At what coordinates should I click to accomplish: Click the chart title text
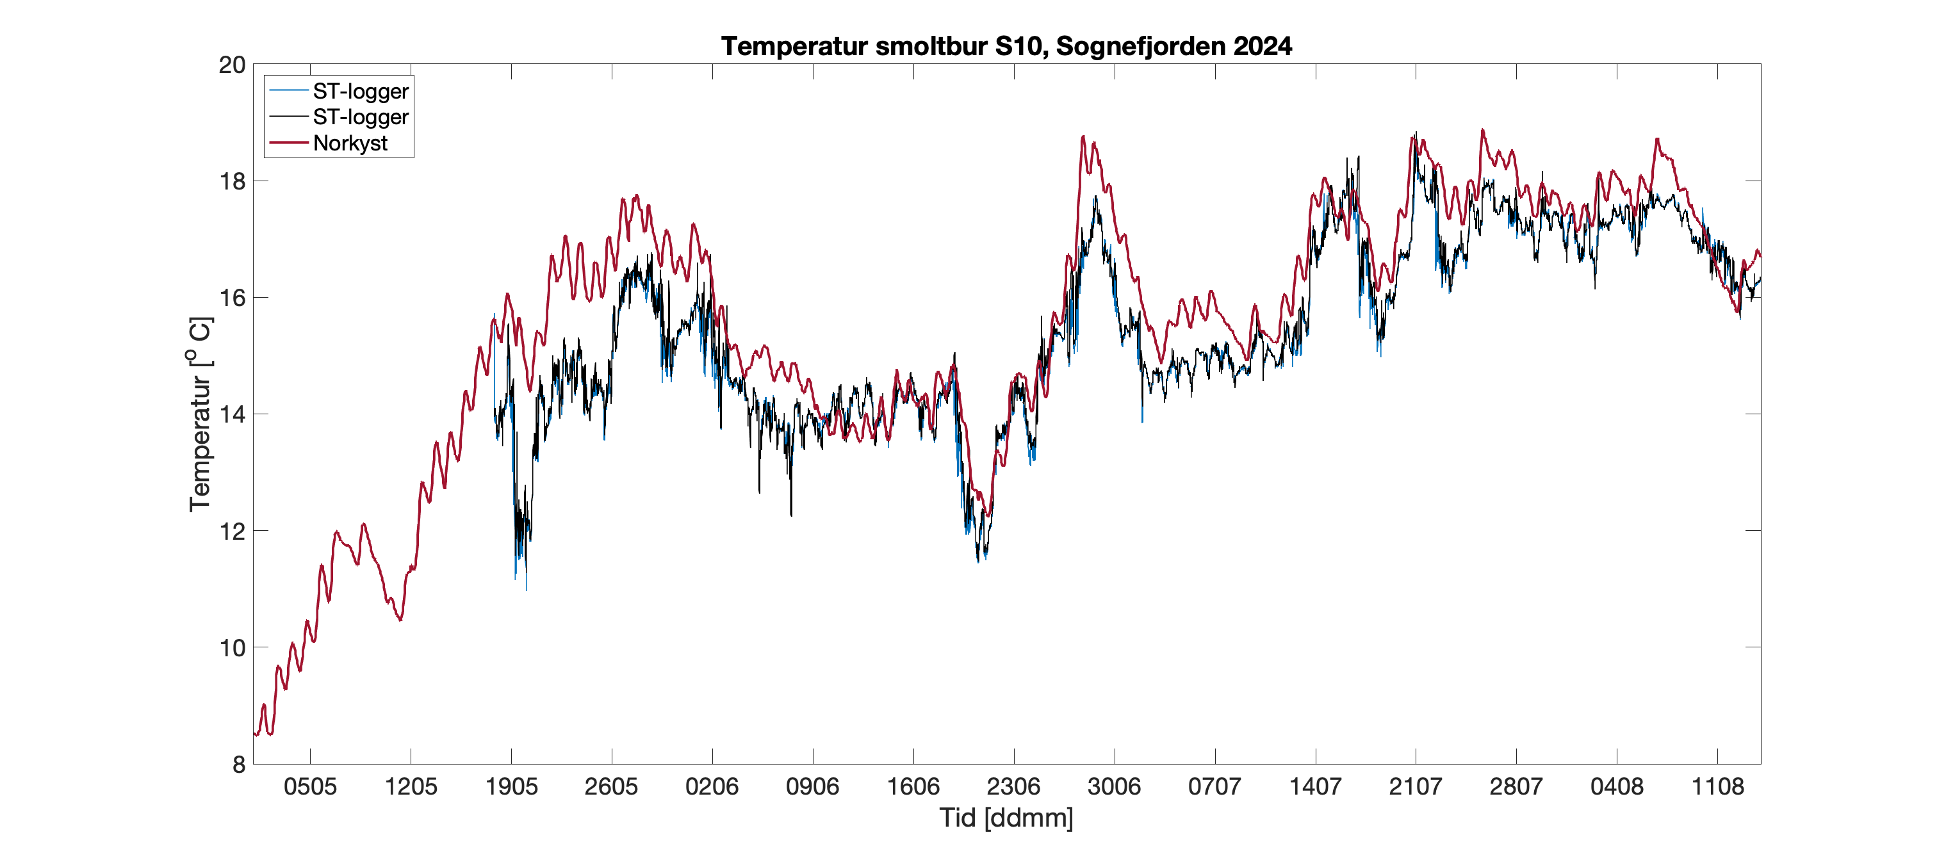tap(1006, 46)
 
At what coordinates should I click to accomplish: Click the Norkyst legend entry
tap(350, 143)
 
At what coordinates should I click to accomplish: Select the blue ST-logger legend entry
tap(361, 92)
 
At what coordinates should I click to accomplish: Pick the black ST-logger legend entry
tap(361, 117)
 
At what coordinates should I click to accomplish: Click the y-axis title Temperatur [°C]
tap(200, 414)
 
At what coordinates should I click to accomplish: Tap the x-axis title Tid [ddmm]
tap(1006, 818)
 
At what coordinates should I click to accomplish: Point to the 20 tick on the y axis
tap(233, 65)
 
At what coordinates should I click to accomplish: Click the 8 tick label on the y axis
tap(239, 765)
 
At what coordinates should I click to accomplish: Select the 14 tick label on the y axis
tap(233, 414)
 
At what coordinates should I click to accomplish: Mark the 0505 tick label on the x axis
tap(310, 787)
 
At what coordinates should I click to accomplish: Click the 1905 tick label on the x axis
tap(511, 787)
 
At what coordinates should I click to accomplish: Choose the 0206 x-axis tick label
tap(712, 787)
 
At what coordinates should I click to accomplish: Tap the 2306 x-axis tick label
tap(1013, 787)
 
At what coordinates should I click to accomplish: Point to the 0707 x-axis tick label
tap(1214, 787)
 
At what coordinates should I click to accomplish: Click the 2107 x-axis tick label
tap(1415, 787)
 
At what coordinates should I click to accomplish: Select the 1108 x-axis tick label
tap(1717, 787)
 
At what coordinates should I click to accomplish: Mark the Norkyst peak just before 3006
tap(1083, 137)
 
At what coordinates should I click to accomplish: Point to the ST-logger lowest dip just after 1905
tap(526, 588)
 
